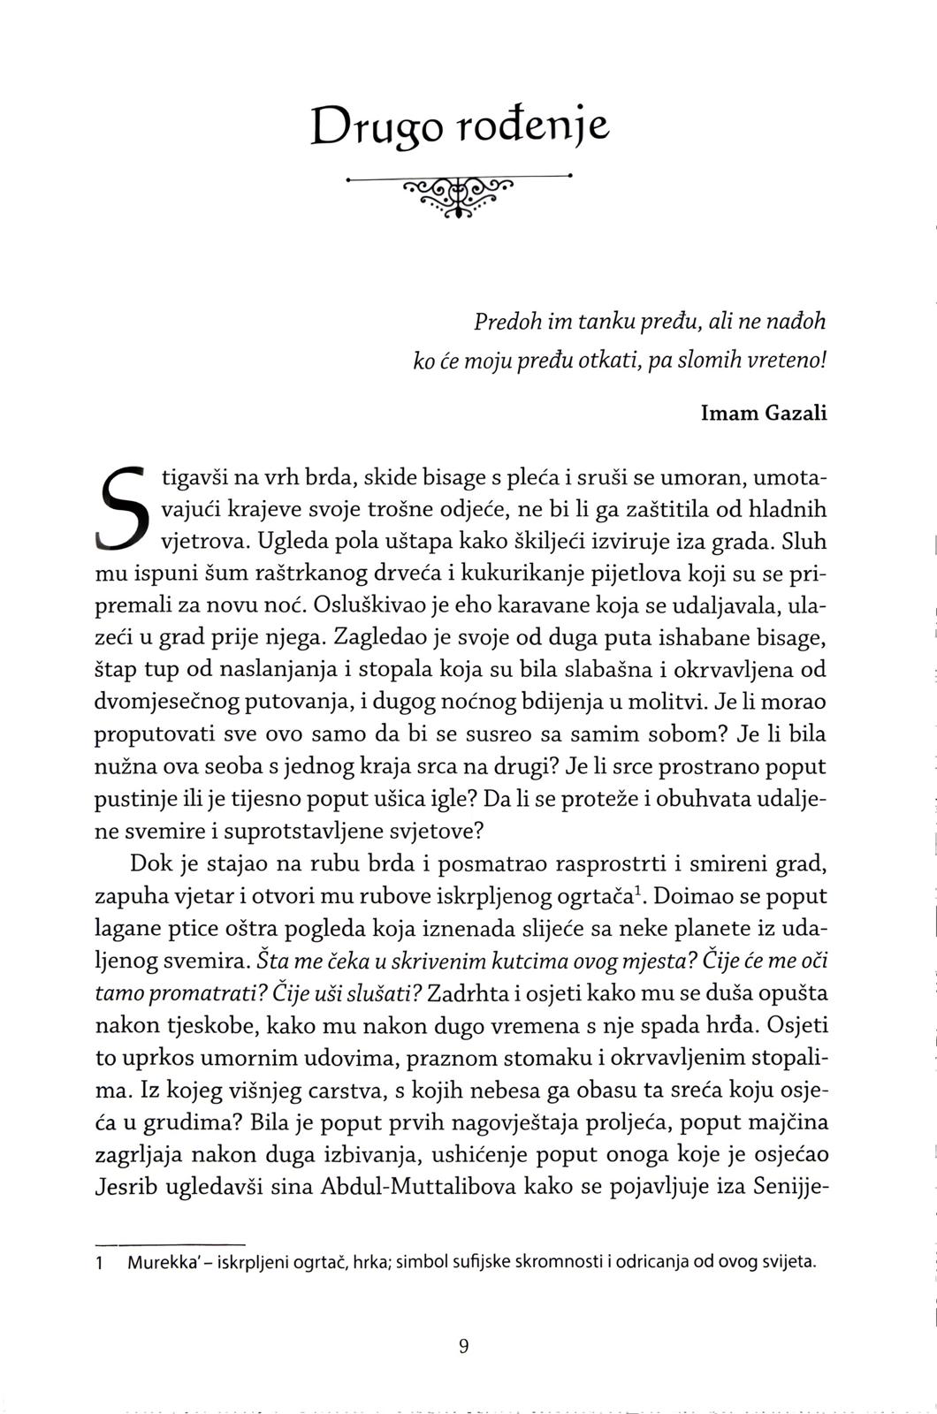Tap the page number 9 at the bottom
464,1346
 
